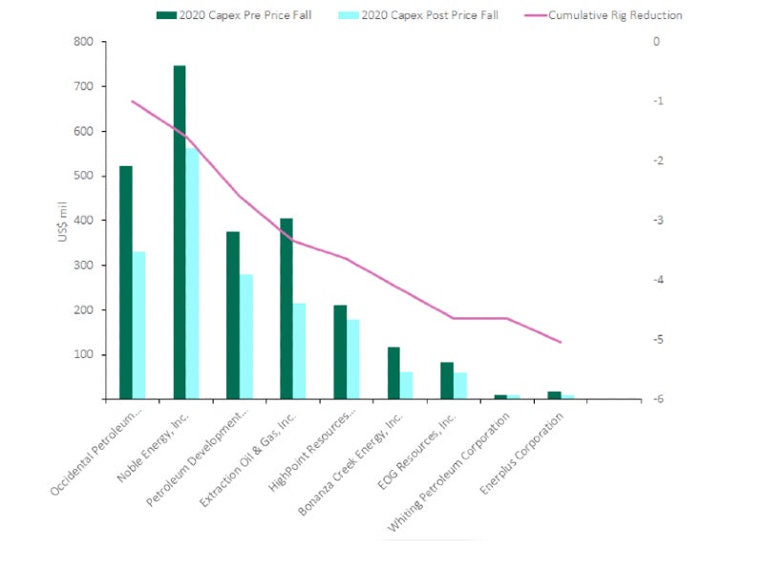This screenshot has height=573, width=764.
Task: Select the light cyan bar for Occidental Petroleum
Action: tap(138, 325)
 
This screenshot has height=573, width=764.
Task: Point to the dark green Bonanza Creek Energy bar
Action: tap(393, 372)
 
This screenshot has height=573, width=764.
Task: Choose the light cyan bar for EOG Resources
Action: tap(460, 386)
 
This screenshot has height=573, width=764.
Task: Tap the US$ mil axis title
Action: tap(63, 221)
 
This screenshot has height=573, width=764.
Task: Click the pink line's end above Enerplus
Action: tap(561, 342)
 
